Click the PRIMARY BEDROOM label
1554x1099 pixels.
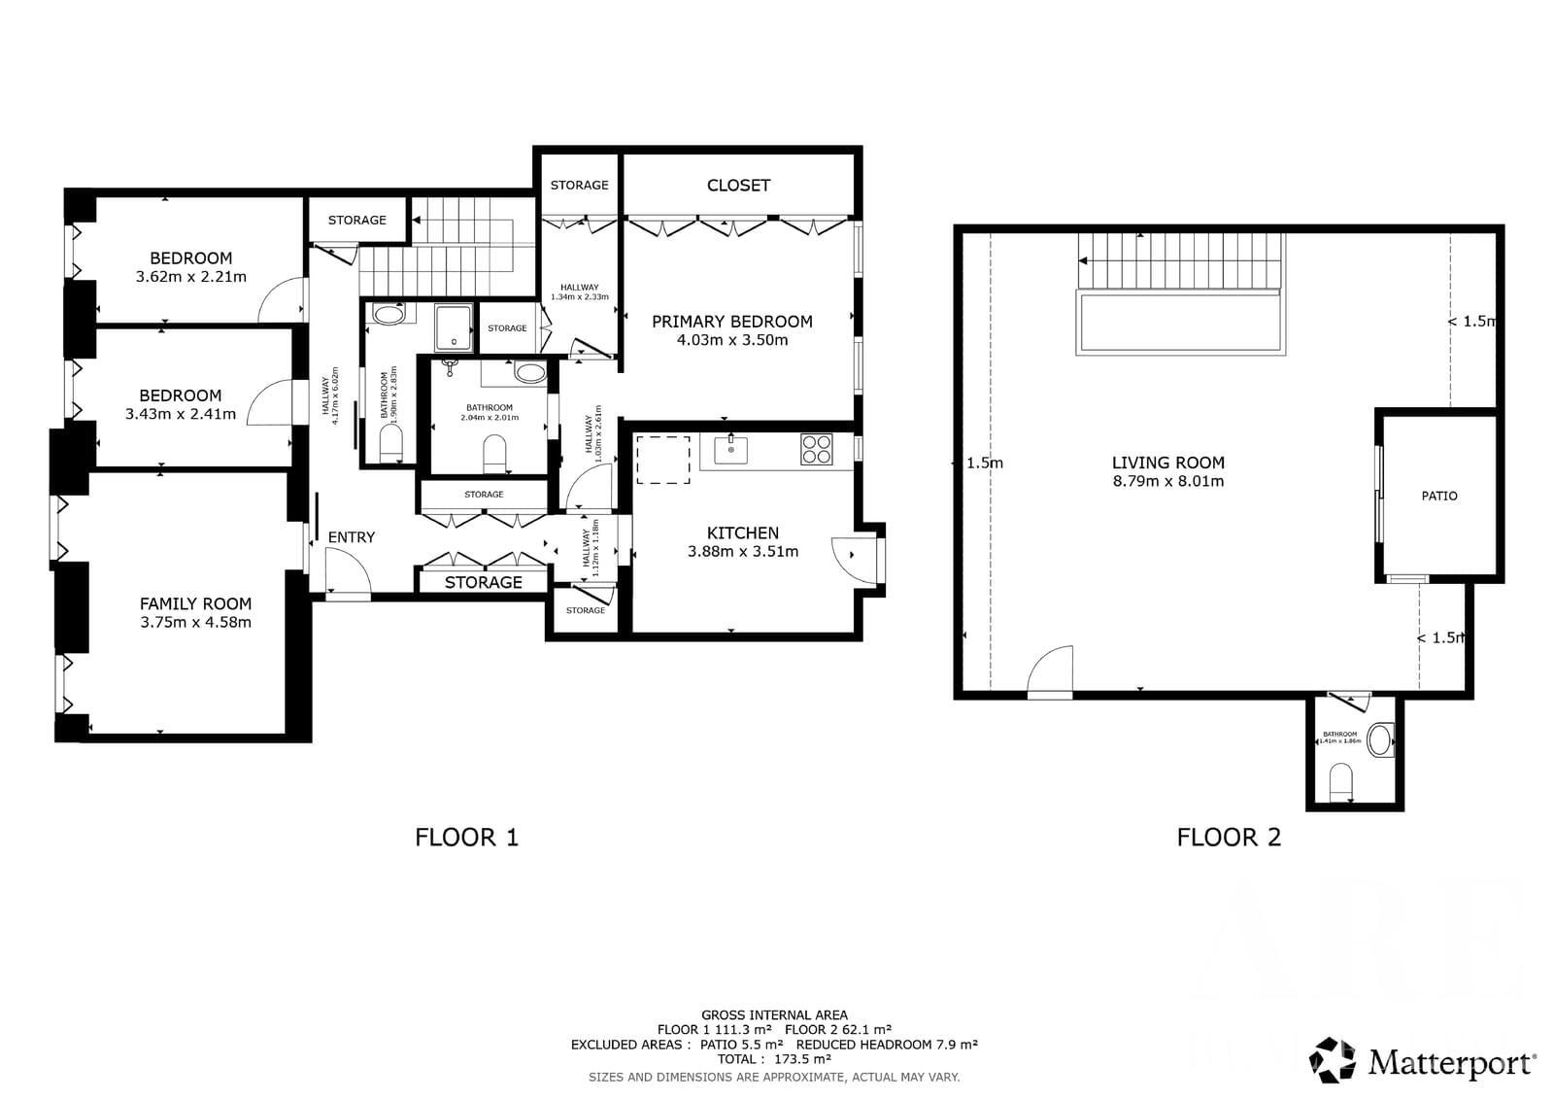(731, 322)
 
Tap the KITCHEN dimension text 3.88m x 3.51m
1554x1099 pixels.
(743, 552)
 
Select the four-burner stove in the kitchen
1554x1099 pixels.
(816, 449)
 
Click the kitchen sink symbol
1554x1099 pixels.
(730, 450)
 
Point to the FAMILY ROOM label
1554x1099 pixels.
(195, 604)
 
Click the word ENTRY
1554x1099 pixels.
(351, 537)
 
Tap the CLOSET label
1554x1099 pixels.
(738, 186)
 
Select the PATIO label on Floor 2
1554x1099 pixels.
(1438, 496)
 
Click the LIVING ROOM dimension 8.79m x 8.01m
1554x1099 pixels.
(1167, 481)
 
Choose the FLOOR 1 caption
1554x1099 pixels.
(466, 837)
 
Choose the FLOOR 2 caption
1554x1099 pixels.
(1229, 837)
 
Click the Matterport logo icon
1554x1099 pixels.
(1333, 1060)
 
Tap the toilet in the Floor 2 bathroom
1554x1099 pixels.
(1340, 779)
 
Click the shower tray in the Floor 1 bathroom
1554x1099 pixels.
(453, 327)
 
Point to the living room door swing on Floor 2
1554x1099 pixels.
(1052, 670)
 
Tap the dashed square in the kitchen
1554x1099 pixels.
(662, 459)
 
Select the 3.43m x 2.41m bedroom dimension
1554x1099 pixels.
(180, 414)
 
